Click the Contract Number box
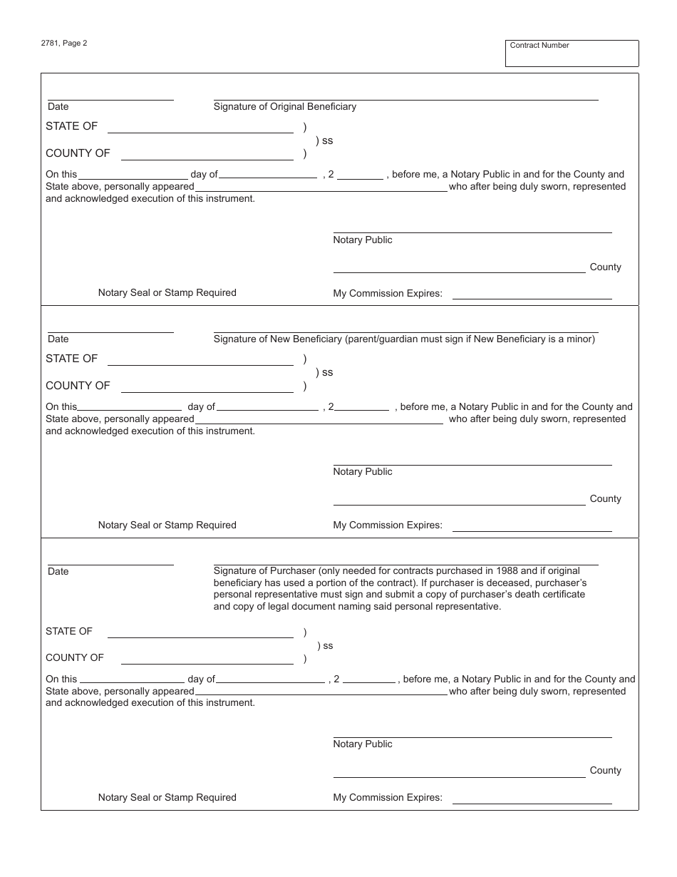coord(572,53)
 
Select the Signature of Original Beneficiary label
coord(285,107)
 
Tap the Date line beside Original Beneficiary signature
coord(110,98)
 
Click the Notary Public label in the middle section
coord(363,472)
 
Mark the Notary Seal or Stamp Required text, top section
coord(167,293)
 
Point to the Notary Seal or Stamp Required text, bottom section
coord(167,798)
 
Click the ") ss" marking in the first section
coord(324,141)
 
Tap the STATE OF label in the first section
coord(71,126)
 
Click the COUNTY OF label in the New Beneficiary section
coord(78,386)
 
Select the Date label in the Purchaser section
coord(58,572)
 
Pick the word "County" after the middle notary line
coord(605,499)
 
